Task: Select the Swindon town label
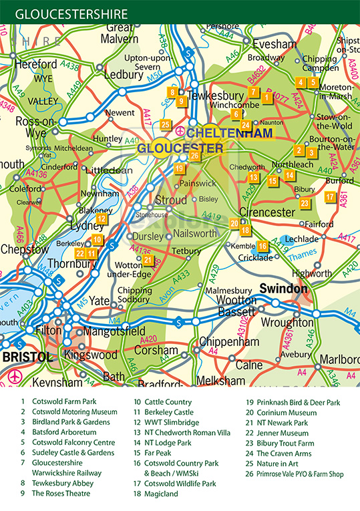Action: [283, 289]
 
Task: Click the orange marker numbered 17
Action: [330, 197]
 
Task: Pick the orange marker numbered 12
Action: [102, 218]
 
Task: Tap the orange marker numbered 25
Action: [166, 124]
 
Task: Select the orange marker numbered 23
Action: [305, 203]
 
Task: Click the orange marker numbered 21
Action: [148, 260]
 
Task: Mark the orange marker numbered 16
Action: [263, 246]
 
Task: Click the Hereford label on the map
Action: [34, 64]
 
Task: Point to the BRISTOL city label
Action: [27, 357]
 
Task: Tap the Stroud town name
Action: [171, 200]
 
